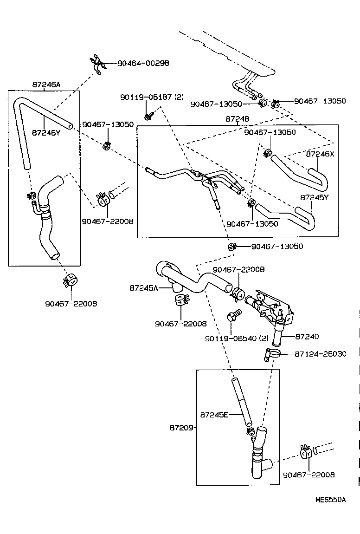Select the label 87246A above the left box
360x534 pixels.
pyautogui.click(x=46, y=85)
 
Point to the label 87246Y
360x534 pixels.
pyautogui.click(x=46, y=132)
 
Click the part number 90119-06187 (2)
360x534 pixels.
pyautogui.click(x=152, y=97)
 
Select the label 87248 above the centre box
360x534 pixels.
pyautogui.click(x=238, y=119)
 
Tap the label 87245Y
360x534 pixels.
pyautogui.click(x=315, y=197)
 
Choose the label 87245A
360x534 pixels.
pyautogui.click(x=144, y=288)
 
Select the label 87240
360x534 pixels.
pyautogui.click(x=307, y=336)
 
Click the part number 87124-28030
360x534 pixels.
pyautogui.click(x=320, y=354)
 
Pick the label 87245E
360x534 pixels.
pyautogui.click(x=214, y=414)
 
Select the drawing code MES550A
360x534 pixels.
pyautogui.click(x=330, y=500)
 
